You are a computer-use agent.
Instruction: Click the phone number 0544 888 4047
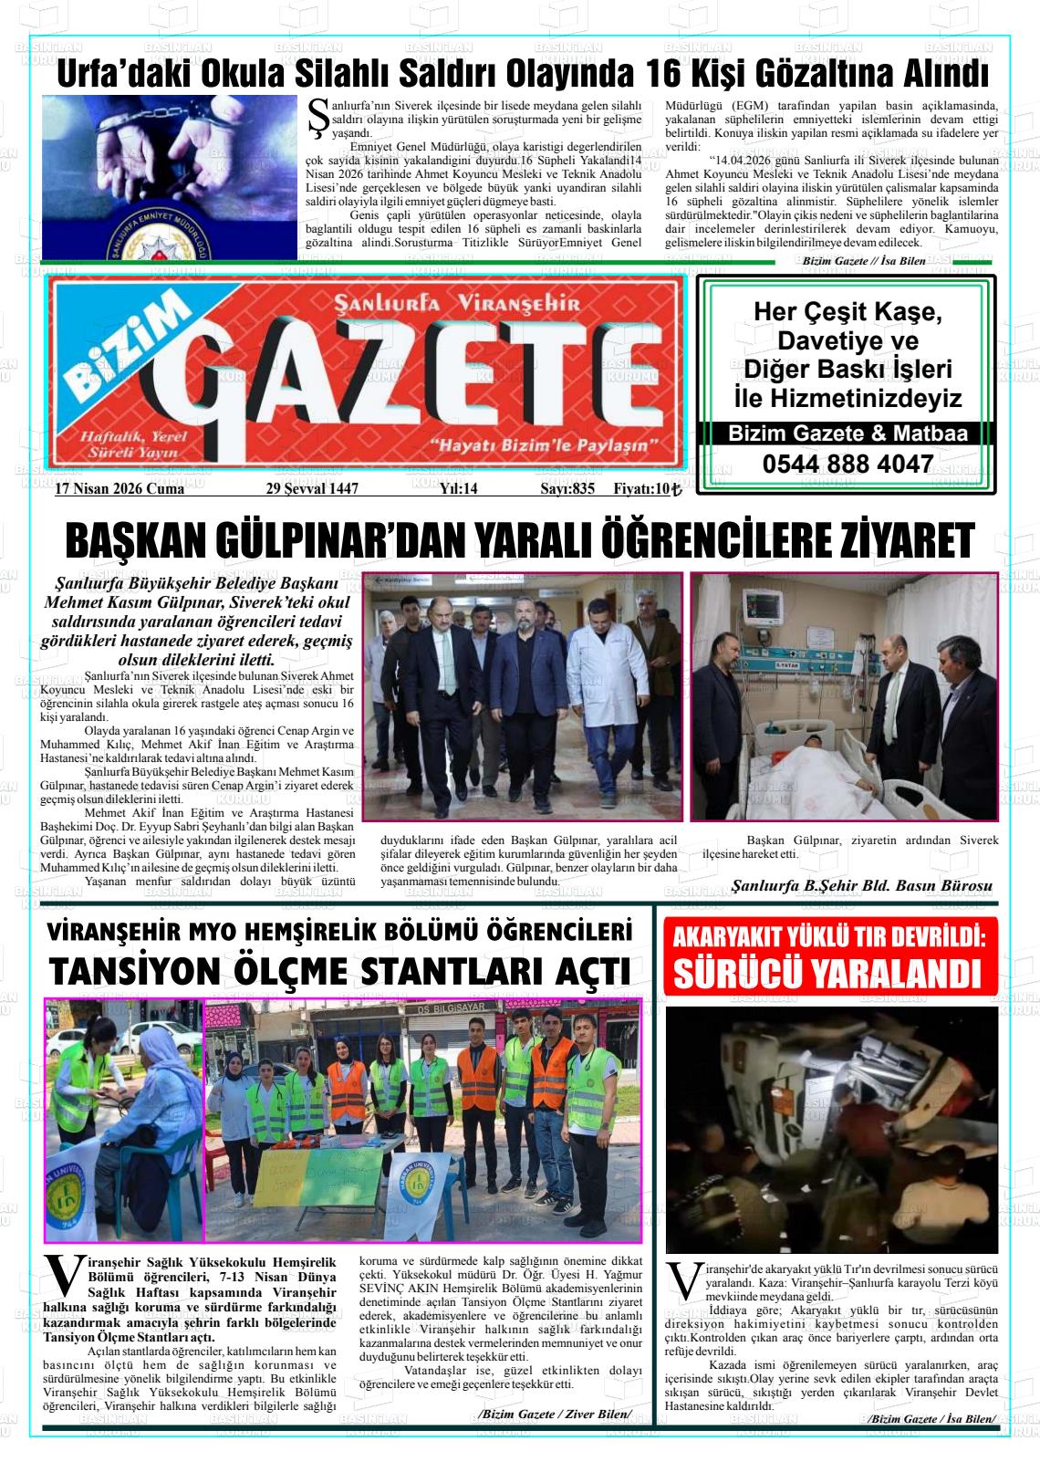coord(848,465)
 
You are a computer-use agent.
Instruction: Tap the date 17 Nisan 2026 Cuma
coord(120,489)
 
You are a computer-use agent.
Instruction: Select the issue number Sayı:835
coord(567,489)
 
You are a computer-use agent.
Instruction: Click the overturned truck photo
coord(831,1129)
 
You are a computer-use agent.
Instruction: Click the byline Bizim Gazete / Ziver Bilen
coord(555,1414)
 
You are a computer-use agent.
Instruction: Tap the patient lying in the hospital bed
coord(803,754)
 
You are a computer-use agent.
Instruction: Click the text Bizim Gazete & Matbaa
coord(848,434)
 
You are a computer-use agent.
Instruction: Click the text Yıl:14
coord(459,489)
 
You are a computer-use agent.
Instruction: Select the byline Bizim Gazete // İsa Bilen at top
coord(863,261)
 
